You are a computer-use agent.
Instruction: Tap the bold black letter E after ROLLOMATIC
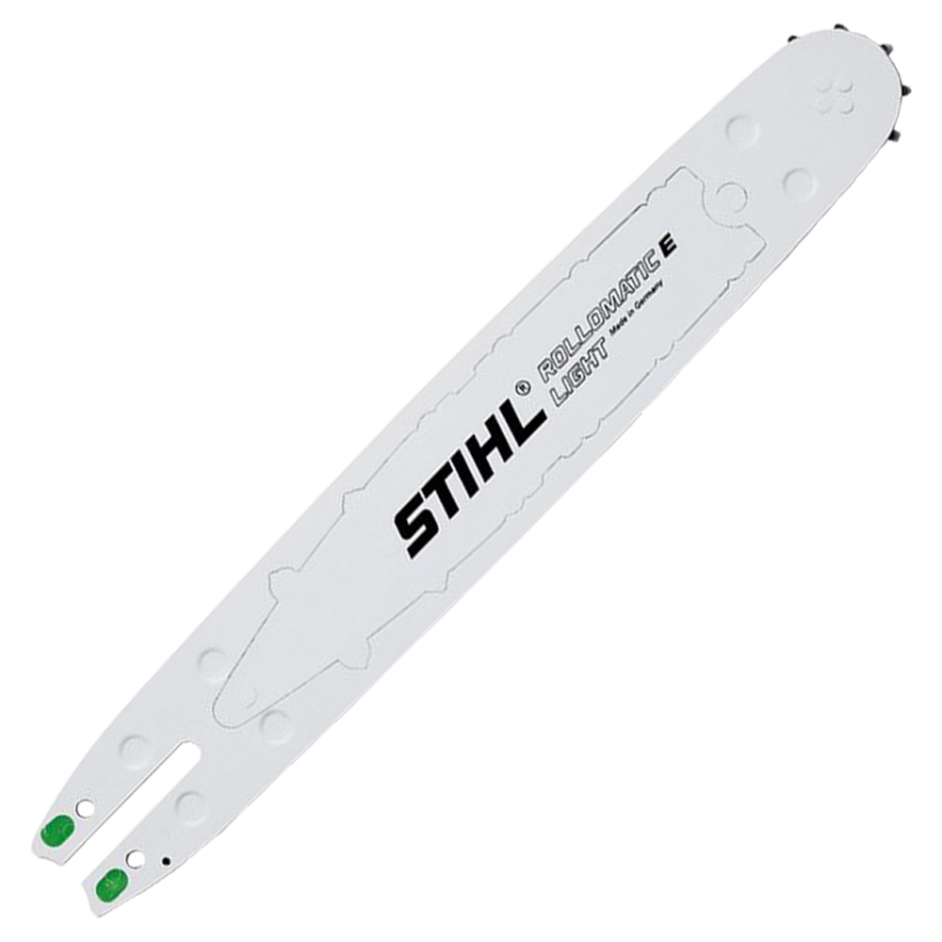click(668, 246)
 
